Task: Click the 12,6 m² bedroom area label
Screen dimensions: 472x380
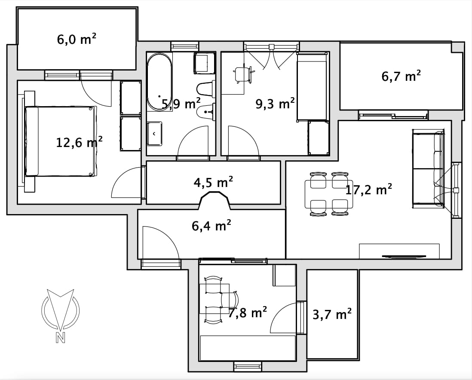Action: [79, 142]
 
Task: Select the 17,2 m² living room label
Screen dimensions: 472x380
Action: [368, 190]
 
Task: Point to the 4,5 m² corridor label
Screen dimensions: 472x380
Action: [213, 182]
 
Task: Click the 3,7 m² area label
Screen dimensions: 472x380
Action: [332, 315]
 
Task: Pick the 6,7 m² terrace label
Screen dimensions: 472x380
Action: [401, 77]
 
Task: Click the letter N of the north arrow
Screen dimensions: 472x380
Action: [60, 338]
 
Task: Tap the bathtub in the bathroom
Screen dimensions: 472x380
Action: [159, 82]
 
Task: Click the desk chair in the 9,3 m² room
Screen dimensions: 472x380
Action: [243, 75]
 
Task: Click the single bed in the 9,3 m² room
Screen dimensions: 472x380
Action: [312, 87]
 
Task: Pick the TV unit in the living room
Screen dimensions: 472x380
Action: [399, 251]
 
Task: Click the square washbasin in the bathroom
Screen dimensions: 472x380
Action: [154, 134]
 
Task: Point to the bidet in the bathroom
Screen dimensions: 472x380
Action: [206, 112]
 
